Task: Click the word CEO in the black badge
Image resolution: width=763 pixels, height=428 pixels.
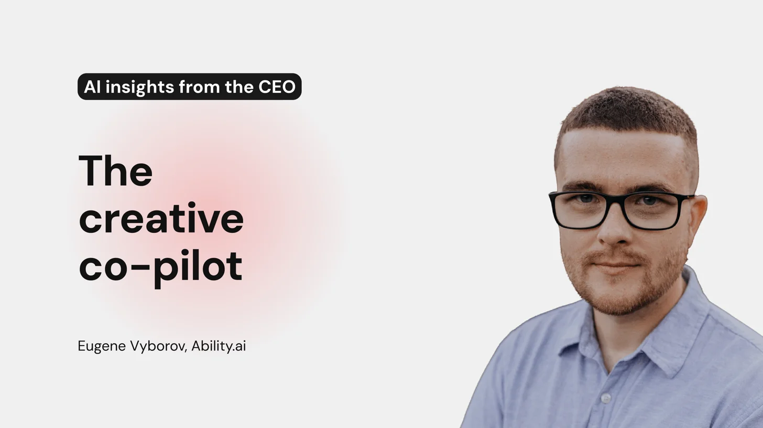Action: coord(277,87)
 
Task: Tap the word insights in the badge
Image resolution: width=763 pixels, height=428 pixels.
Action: coord(140,87)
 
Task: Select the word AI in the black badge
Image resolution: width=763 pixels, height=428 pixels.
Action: coord(92,87)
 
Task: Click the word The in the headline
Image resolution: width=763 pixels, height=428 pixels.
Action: coord(115,171)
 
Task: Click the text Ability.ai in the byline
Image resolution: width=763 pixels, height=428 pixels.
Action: coord(219,346)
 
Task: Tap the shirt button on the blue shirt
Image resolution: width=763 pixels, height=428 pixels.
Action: coord(606,398)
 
